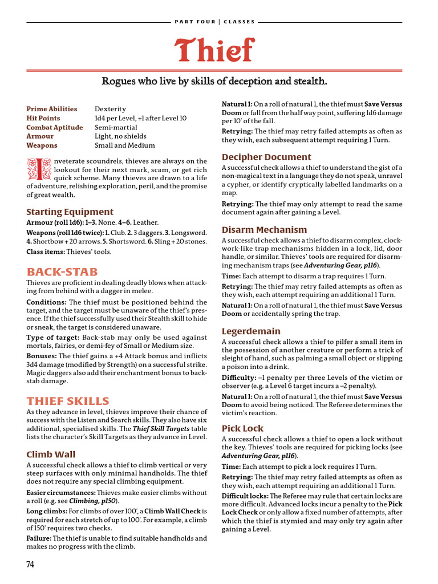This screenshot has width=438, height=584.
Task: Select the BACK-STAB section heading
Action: point(62,272)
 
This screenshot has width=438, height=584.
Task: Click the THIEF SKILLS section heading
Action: point(68,401)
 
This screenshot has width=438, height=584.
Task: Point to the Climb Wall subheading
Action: point(51,455)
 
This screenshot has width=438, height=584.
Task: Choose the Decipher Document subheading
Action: point(266,157)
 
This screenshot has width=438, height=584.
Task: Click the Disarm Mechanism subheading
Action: point(264,230)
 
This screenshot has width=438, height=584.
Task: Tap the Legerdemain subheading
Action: point(251,331)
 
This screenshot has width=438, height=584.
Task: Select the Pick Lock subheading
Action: point(242,428)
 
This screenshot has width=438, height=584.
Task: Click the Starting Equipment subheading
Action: point(70,212)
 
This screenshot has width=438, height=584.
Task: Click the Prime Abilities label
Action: point(52,109)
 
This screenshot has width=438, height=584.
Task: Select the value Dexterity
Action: point(110,109)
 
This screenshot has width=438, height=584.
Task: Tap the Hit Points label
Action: point(43,118)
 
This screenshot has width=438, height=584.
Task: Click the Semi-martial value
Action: point(114,127)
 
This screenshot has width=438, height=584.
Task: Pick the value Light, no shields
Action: point(120,136)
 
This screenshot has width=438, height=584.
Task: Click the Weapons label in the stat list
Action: point(42,145)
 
